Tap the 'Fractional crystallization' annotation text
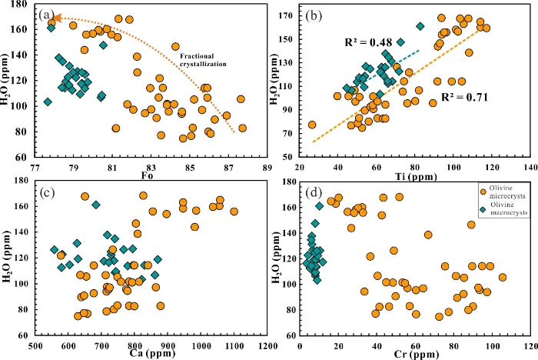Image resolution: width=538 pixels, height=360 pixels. (203, 60)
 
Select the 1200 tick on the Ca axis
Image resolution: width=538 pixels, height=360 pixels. (267, 345)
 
